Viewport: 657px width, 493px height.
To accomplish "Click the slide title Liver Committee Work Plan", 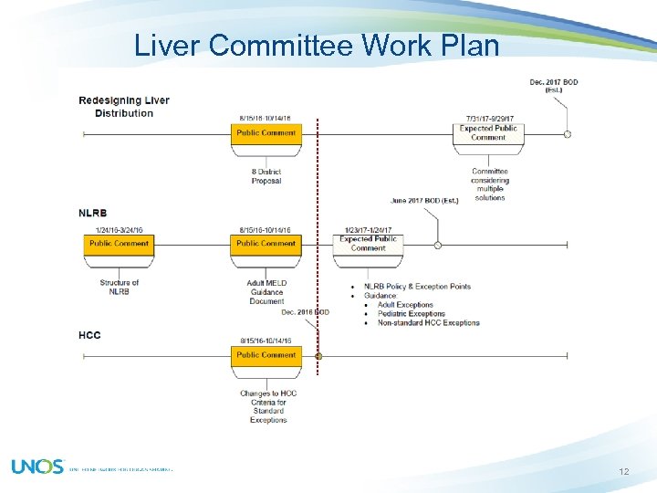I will click(x=317, y=46).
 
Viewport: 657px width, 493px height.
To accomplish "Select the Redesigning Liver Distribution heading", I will click(x=124, y=107).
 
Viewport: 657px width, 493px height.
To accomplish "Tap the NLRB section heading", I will click(x=93, y=214).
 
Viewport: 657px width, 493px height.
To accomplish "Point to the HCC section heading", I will click(x=89, y=335).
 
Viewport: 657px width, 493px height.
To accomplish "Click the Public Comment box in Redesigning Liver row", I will click(x=266, y=133).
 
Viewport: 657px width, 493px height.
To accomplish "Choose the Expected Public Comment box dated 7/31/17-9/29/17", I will click(x=488, y=133).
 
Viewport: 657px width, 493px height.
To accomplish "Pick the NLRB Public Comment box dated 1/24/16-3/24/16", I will click(x=119, y=244).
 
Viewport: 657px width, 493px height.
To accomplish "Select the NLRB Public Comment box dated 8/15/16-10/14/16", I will click(x=266, y=244).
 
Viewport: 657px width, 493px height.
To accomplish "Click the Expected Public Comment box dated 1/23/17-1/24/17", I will click(x=368, y=244).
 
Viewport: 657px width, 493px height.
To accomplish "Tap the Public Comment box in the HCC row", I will click(x=266, y=355).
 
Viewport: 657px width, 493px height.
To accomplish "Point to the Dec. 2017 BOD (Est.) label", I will click(x=554, y=86).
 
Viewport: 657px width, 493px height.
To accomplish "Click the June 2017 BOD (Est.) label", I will click(x=424, y=201).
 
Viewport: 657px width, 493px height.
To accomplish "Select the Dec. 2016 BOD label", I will click(x=305, y=312).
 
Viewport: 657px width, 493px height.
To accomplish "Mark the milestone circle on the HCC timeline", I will click(x=318, y=356).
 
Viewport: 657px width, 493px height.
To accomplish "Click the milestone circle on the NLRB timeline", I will click(x=438, y=245).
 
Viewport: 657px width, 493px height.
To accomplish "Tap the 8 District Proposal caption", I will click(x=266, y=176).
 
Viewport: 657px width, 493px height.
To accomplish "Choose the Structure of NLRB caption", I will click(x=120, y=287).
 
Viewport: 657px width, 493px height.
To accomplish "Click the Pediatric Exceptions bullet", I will click(x=411, y=313).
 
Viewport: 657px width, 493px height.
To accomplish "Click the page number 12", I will click(x=624, y=471).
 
